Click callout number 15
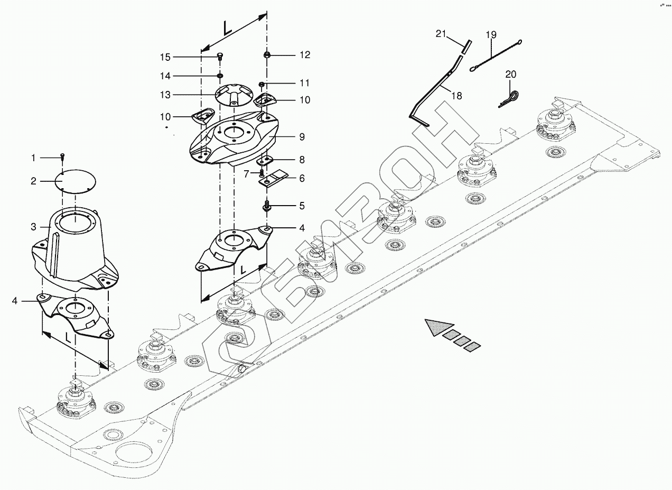click(x=166, y=57)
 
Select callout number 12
click(x=305, y=55)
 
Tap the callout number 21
click(x=441, y=34)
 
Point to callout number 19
click(x=491, y=35)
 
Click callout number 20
click(x=510, y=75)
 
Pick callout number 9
click(x=302, y=137)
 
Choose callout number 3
click(x=33, y=227)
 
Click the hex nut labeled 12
click(x=267, y=54)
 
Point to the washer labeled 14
click(x=219, y=76)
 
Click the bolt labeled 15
click(x=220, y=57)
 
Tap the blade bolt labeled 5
click(x=267, y=205)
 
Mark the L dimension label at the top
click(x=228, y=29)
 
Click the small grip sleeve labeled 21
click(x=465, y=46)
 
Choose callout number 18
click(x=457, y=96)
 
